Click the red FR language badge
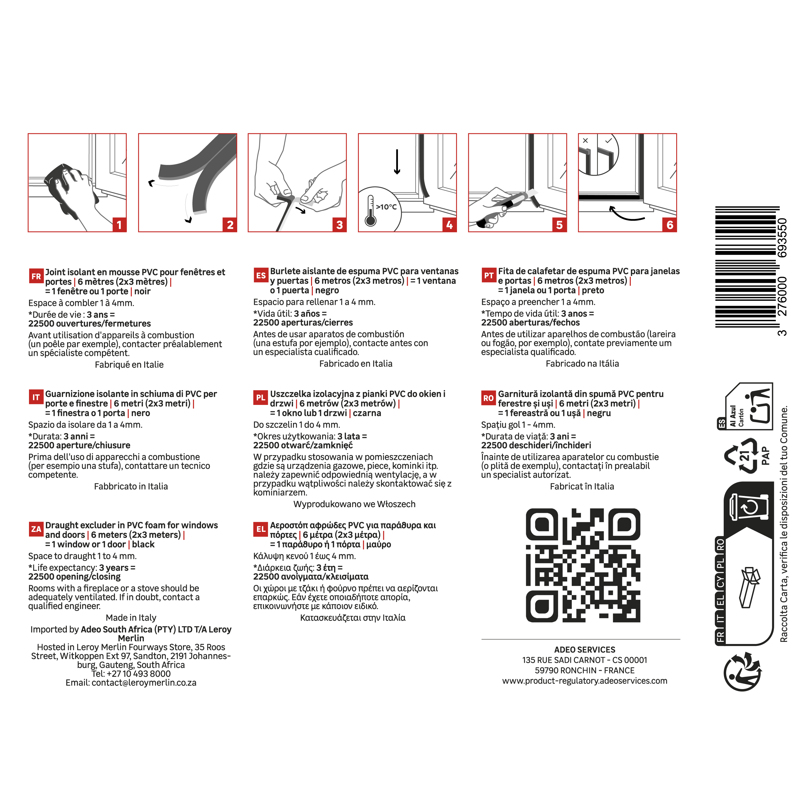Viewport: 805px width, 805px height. click(x=36, y=276)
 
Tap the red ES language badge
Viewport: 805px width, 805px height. click(x=261, y=275)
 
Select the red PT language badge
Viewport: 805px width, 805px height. click(x=489, y=275)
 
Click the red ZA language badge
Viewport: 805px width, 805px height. click(x=36, y=529)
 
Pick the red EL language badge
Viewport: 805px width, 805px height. click(x=261, y=529)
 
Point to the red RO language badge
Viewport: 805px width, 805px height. click(x=489, y=398)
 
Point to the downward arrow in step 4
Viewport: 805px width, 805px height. click(x=397, y=162)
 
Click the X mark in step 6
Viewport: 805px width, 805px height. click(x=586, y=141)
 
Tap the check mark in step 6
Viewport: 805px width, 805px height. click(x=608, y=141)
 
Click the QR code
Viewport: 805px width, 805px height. click(x=583, y=565)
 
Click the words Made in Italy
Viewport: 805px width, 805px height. click(x=131, y=617)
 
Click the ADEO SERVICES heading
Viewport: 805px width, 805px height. click(x=585, y=650)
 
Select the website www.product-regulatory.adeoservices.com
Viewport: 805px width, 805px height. click(x=585, y=681)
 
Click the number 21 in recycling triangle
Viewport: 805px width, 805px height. click(x=744, y=455)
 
